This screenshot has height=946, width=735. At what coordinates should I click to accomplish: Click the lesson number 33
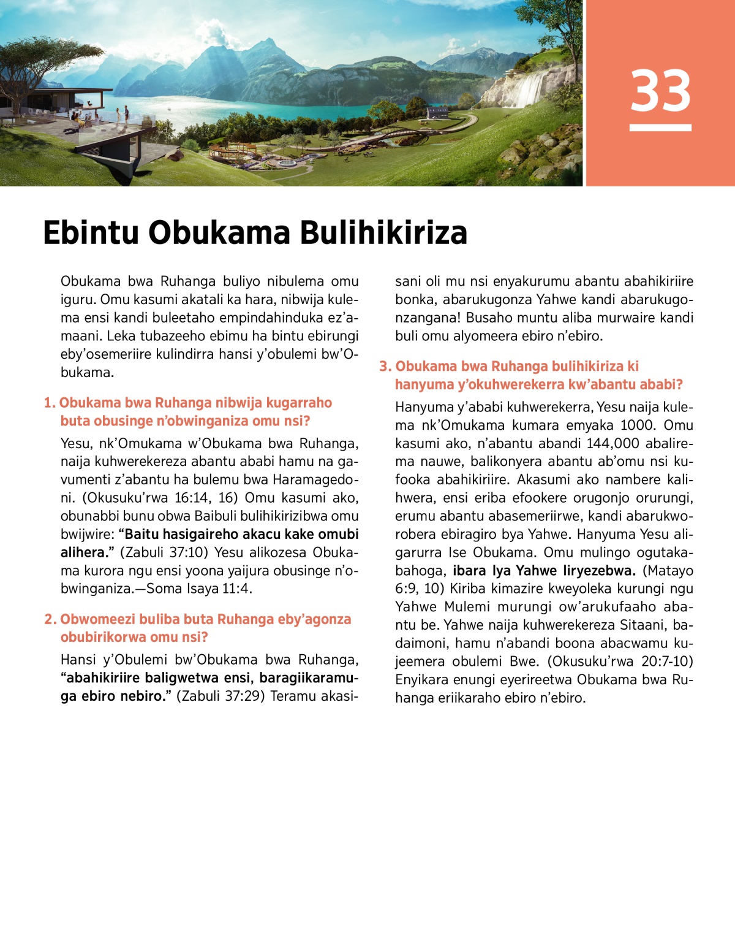click(x=660, y=91)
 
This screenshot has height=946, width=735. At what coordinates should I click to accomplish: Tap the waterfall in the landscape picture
click(x=528, y=90)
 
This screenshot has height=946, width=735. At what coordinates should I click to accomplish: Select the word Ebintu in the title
click(x=91, y=233)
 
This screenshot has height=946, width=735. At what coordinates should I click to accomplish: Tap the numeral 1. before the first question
click(x=50, y=403)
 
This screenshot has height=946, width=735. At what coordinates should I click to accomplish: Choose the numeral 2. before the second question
click(x=50, y=619)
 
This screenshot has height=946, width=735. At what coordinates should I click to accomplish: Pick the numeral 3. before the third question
click(x=385, y=367)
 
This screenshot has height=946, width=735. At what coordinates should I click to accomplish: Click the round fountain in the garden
click(x=287, y=163)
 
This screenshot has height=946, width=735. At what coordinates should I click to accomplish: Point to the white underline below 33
click(x=660, y=128)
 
